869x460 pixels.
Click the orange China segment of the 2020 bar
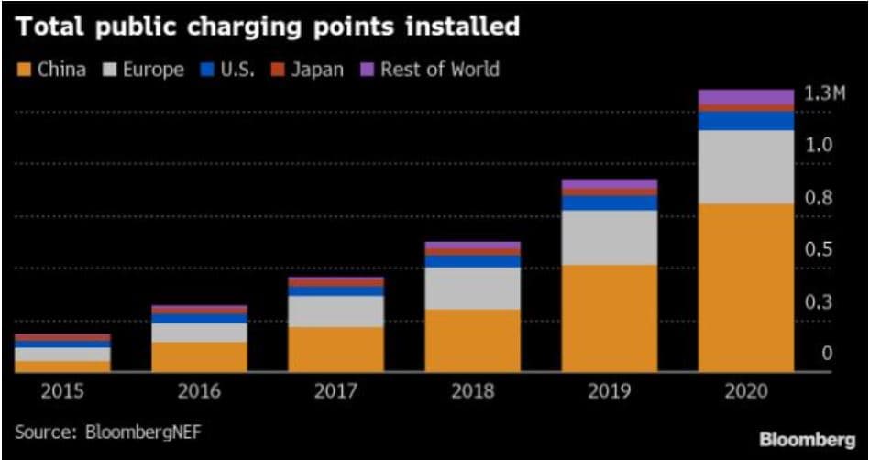pos(746,287)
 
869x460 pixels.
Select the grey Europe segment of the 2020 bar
pos(746,167)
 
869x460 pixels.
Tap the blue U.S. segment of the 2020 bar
pos(746,121)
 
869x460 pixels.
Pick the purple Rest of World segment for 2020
pos(746,97)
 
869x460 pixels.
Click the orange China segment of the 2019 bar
pos(609,318)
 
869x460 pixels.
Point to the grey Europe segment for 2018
pos(472,289)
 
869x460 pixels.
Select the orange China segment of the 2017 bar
pos(335,349)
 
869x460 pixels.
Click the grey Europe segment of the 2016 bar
pos(199,333)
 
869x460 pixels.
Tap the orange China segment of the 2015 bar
pos(62,366)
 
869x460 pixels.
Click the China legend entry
pos(52,69)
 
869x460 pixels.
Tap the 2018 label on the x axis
pos(472,391)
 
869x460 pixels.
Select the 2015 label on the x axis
pos(62,391)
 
